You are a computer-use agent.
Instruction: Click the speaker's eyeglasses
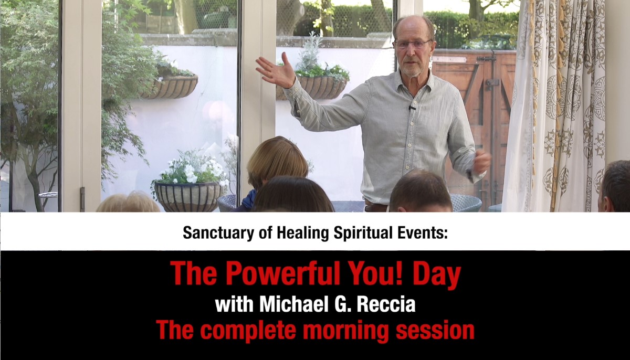click(412, 44)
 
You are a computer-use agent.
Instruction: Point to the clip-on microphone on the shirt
click(412, 108)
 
